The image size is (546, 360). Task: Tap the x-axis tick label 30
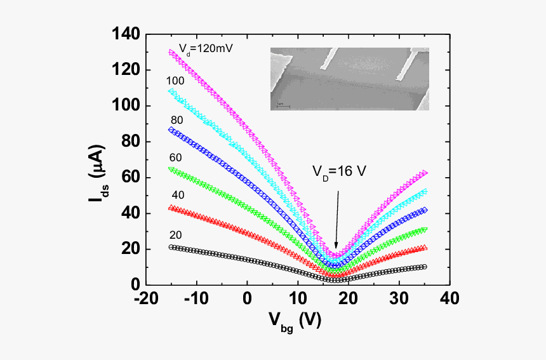pyautogui.click(x=399, y=298)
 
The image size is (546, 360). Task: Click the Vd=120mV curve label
pyautogui.click(x=197, y=47)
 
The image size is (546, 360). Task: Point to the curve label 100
pyautogui.click(x=175, y=81)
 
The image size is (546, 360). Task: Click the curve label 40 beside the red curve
pyautogui.click(x=175, y=194)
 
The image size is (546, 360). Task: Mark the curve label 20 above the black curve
pyautogui.click(x=175, y=234)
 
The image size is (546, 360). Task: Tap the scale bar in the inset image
pyautogui.click(x=284, y=105)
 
